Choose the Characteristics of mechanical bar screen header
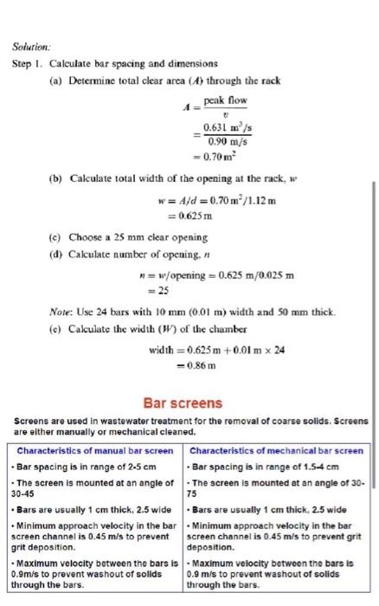pyautogui.click(x=276, y=451)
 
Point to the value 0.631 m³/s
pyautogui.click(x=227, y=129)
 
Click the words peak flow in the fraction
pyautogui.click(x=225, y=101)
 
